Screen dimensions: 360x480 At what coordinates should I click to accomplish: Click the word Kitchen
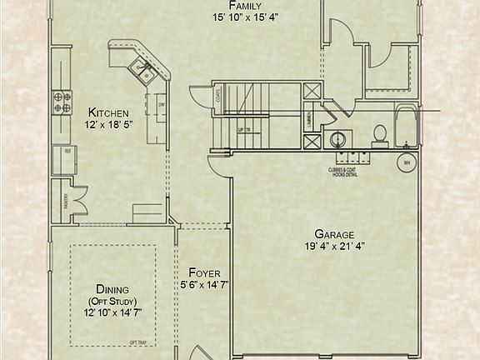click(108, 112)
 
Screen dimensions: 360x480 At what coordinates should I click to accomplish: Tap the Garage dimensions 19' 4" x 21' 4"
click(334, 246)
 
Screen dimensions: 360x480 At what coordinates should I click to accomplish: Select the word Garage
click(334, 234)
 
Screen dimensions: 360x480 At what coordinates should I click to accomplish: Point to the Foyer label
click(204, 272)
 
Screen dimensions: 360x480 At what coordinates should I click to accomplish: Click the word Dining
click(112, 289)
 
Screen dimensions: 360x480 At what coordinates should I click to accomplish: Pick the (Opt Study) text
click(112, 301)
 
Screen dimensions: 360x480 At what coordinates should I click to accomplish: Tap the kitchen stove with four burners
click(62, 101)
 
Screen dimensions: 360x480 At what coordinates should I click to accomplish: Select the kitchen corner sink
click(144, 74)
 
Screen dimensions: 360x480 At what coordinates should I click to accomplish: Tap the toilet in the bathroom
click(379, 135)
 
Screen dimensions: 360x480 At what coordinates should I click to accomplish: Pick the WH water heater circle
click(407, 162)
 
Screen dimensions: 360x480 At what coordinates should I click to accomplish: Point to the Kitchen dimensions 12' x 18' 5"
click(108, 124)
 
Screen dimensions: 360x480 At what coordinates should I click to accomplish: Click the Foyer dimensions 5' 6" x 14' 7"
click(204, 284)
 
